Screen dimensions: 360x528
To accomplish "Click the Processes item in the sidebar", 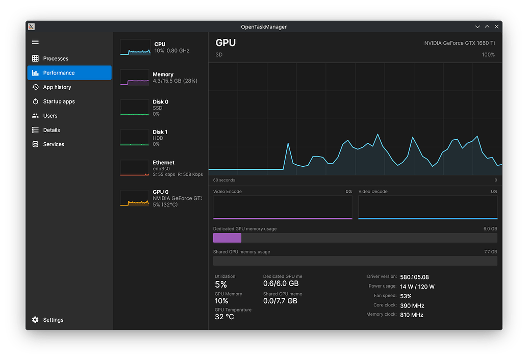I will pos(56,59).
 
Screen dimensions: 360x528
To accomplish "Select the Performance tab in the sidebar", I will pos(59,73).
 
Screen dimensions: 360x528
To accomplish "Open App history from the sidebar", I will pos(57,87).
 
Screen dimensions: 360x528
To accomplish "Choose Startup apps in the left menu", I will pos(59,101).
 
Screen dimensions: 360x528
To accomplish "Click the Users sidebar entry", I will pos(50,116).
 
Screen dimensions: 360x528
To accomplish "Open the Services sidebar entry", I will pos(54,144).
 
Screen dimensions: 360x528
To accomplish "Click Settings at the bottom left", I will pos(53,320).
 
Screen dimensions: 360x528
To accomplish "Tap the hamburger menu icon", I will pos(35,42).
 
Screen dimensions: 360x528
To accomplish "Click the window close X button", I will pos(496,27).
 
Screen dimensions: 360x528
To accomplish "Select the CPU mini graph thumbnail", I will pos(135,47).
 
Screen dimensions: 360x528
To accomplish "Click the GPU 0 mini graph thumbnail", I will pos(135,198).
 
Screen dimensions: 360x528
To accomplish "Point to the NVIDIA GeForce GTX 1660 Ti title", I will pos(459,43).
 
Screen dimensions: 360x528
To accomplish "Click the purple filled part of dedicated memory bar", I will pos(227,238).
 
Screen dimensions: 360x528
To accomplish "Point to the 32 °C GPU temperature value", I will pos(224,317).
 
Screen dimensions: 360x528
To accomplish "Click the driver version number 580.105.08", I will pos(414,277).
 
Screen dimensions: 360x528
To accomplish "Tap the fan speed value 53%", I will pos(406,296).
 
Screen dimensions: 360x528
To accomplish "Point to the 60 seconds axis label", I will pos(224,180).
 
